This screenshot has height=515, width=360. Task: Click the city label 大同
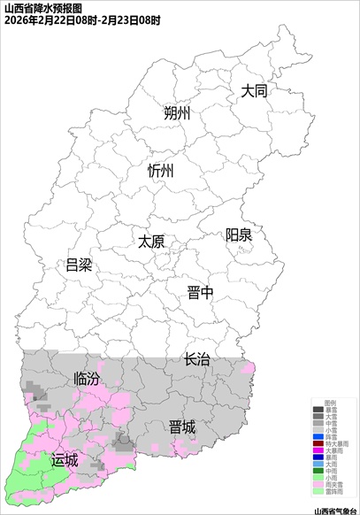point(255,91)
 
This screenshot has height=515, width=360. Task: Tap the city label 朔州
point(178,114)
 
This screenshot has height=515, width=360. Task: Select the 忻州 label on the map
point(162,172)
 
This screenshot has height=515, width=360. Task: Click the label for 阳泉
point(239,234)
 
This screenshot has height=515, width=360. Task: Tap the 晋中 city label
point(200,294)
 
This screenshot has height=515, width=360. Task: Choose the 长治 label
point(197,359)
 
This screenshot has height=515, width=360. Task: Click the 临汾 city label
point(87,379)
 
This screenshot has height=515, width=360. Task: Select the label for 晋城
point(182,427)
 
